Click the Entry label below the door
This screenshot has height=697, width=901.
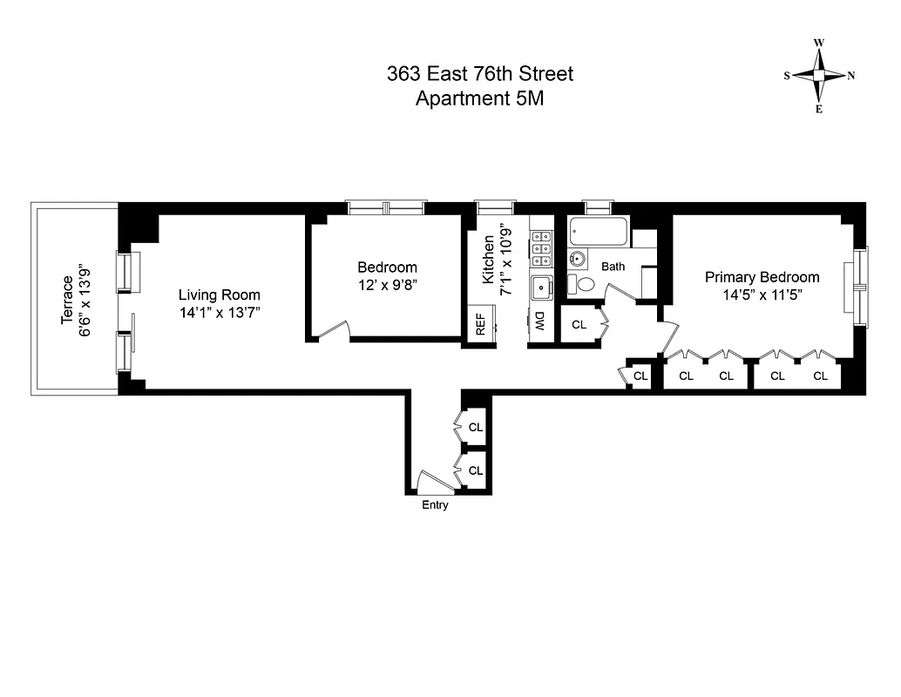435,505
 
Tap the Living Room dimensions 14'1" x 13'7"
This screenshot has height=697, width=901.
220,312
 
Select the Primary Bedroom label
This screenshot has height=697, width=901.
762,277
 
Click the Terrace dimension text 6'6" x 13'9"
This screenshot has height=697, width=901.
84,295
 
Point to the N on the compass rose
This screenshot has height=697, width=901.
851,75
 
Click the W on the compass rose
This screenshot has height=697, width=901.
819,43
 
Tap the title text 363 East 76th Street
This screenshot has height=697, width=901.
479,74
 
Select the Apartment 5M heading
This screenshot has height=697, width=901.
479,98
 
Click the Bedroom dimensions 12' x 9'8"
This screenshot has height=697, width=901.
387,285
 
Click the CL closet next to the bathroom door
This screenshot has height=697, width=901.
579,325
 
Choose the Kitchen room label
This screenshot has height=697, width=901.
490,260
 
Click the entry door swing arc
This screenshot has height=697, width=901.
430,481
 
